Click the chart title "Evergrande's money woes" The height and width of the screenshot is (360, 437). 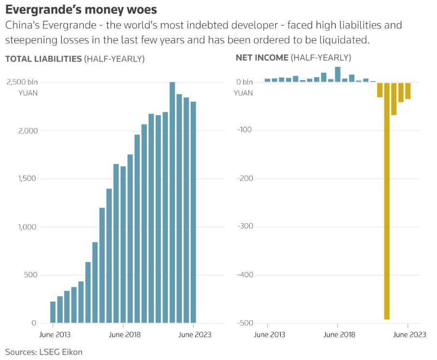[x=81, y=9]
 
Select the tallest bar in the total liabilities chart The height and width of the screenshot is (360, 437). [x=172, y=202]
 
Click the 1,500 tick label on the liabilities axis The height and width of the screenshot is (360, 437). [x=27, y=179]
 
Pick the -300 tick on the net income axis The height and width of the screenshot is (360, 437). [x=245, y=227]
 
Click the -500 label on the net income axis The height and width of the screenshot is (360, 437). [x=245, y=323]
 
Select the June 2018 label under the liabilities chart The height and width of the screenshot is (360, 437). [x=123, y=335]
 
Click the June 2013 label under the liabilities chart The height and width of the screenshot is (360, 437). [x=53, y=335]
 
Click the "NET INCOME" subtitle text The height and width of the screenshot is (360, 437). [x=262, y=58]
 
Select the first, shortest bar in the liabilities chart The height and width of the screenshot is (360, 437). [x=53, y=312]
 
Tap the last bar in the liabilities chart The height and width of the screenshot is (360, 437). [x=193, y=212]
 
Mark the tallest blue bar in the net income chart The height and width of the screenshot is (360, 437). [x=338, y=74]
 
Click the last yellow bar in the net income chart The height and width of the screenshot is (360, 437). [x=408, y=91]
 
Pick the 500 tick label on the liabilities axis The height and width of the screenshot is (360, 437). [x=30, y=275]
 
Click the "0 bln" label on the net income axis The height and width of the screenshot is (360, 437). [x=245, y=82]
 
